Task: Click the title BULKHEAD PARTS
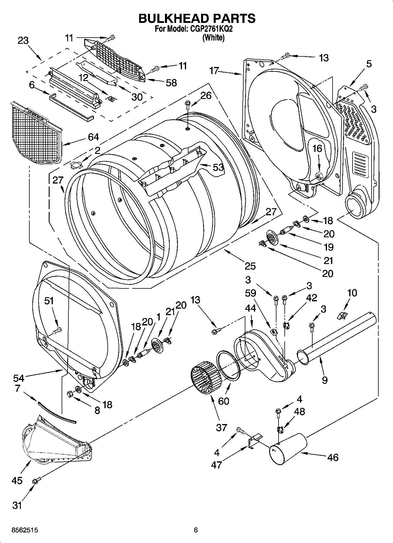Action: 197,18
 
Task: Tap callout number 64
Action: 93,137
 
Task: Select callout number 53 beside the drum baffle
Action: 218,167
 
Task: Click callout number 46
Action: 333,457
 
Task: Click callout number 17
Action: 214,71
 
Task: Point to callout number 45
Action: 17,481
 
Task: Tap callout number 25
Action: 250,266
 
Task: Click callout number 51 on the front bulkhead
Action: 49,301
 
